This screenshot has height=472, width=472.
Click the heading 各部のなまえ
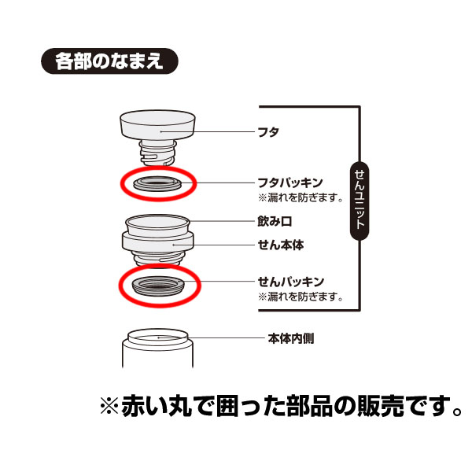(109, 61)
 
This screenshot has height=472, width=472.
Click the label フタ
(268, 131)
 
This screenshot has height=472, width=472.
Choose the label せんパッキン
(290, 281)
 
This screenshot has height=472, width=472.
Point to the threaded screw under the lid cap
(158, 152)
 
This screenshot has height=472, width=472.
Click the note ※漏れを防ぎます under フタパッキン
(300, 198)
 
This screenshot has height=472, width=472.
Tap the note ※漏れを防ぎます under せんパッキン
(300, 297)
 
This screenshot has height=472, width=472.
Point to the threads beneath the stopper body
(157, 259)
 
